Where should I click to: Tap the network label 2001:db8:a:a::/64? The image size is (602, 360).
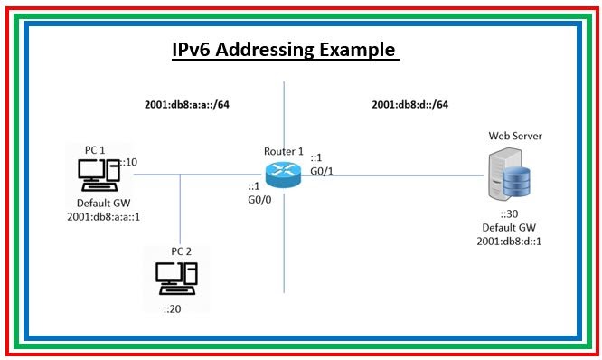click(x=187, y=105)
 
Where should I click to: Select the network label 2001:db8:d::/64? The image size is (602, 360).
click(x=410, y=105)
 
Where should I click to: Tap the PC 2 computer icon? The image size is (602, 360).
click(x=176, y=279)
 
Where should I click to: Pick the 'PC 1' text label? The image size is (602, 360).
click(x=93, y=149)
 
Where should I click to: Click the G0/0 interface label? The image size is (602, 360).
click(x=260, y=201)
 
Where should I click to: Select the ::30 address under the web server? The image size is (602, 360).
click(x=509, y=214)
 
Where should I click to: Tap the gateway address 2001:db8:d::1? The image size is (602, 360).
click(x=509, y=242)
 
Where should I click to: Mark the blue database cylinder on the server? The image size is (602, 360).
click(x=519, y=185)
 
